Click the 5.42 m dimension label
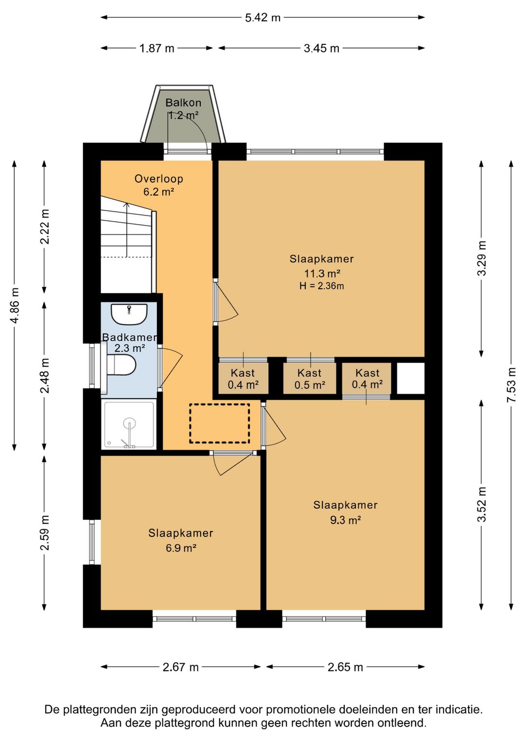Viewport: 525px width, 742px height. tap(262, 17)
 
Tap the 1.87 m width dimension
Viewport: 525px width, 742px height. tap(157, 48)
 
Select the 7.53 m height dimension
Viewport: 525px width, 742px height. tap(512, 385)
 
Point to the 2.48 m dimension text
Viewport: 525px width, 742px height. tap(45, 375)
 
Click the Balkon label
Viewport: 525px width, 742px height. tap(183, 103)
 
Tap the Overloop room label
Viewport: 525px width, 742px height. tap(158, 179)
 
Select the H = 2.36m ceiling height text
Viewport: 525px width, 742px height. tap(322, 286)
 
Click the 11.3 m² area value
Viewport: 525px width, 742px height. tap(322, 273)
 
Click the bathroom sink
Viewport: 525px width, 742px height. tap(129, 314)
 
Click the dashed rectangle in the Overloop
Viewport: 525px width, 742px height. tap(220, 423)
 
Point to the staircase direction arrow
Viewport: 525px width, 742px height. tap(126, 230)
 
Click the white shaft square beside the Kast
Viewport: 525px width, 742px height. tap(410, 378)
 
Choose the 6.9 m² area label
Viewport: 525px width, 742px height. tap(181, 548)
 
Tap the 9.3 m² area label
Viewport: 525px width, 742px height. tap(346, 520)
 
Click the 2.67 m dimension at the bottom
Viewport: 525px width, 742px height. tap(180, 667)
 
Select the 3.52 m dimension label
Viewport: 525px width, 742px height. tap(482, 505)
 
